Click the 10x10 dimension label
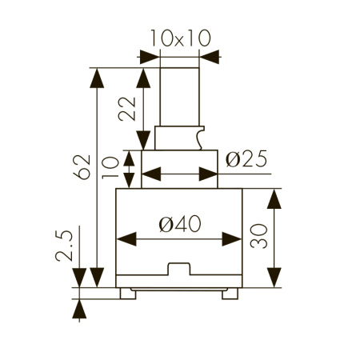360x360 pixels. [179, 38]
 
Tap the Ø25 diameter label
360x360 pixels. [246, 160]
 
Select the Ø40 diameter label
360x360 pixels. [178, 226]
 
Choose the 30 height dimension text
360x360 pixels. [258, 238]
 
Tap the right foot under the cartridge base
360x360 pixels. [230, 293]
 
